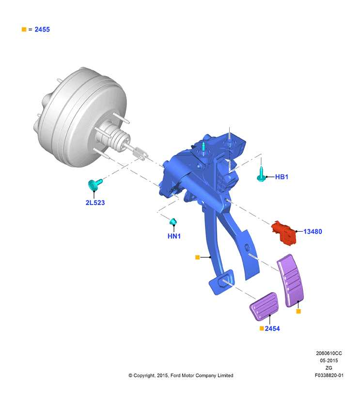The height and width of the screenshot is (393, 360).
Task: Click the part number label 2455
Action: click(x=42, y=30)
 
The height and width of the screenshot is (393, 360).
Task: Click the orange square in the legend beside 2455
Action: click(x=24, y=30)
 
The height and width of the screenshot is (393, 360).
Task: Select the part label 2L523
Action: click(x=95, y=203)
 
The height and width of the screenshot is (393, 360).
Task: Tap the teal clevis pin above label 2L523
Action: click(x=95, y=185)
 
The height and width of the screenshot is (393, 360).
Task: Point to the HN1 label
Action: click(x=174, y=236)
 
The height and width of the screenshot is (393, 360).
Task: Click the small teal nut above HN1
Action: click(x=173, y=221)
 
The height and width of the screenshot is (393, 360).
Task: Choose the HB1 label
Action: click(x=282, y=177)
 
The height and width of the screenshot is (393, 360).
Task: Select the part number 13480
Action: click(x=313, y=231)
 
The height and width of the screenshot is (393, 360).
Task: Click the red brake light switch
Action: click(x=284, y=233)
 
